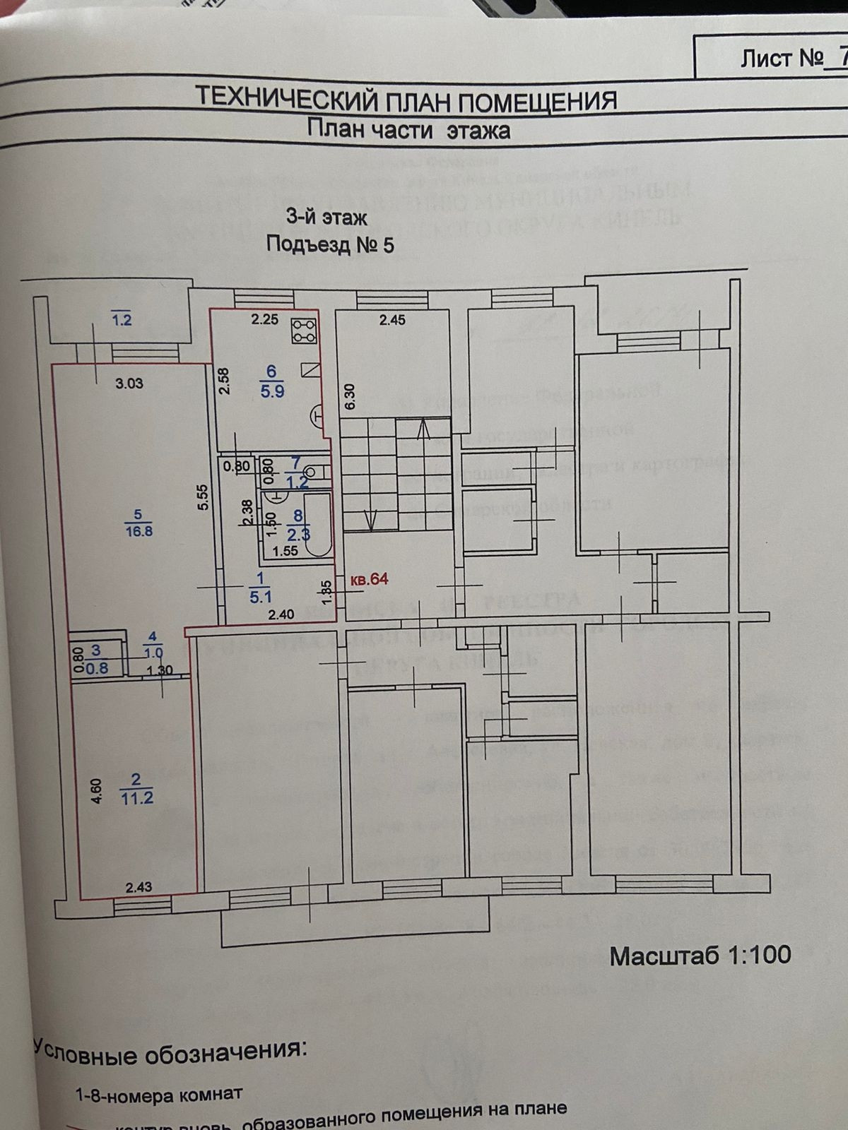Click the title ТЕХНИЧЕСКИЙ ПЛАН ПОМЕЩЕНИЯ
click(406, 99)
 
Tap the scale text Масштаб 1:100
click(700, 955)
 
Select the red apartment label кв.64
click(370, 580)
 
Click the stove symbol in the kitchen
click(305, 331)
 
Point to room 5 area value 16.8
click(139, 530)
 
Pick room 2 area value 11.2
click(137, 798)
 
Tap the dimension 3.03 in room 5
click(129, 383)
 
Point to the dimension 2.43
click(139, 888)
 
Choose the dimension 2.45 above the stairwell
click(392, 320)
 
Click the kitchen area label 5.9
click(272, 390)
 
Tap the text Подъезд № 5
click(329, 245)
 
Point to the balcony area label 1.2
click(122, 320)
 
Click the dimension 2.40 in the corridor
click(281, 614)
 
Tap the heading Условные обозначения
click(170, 1050)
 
